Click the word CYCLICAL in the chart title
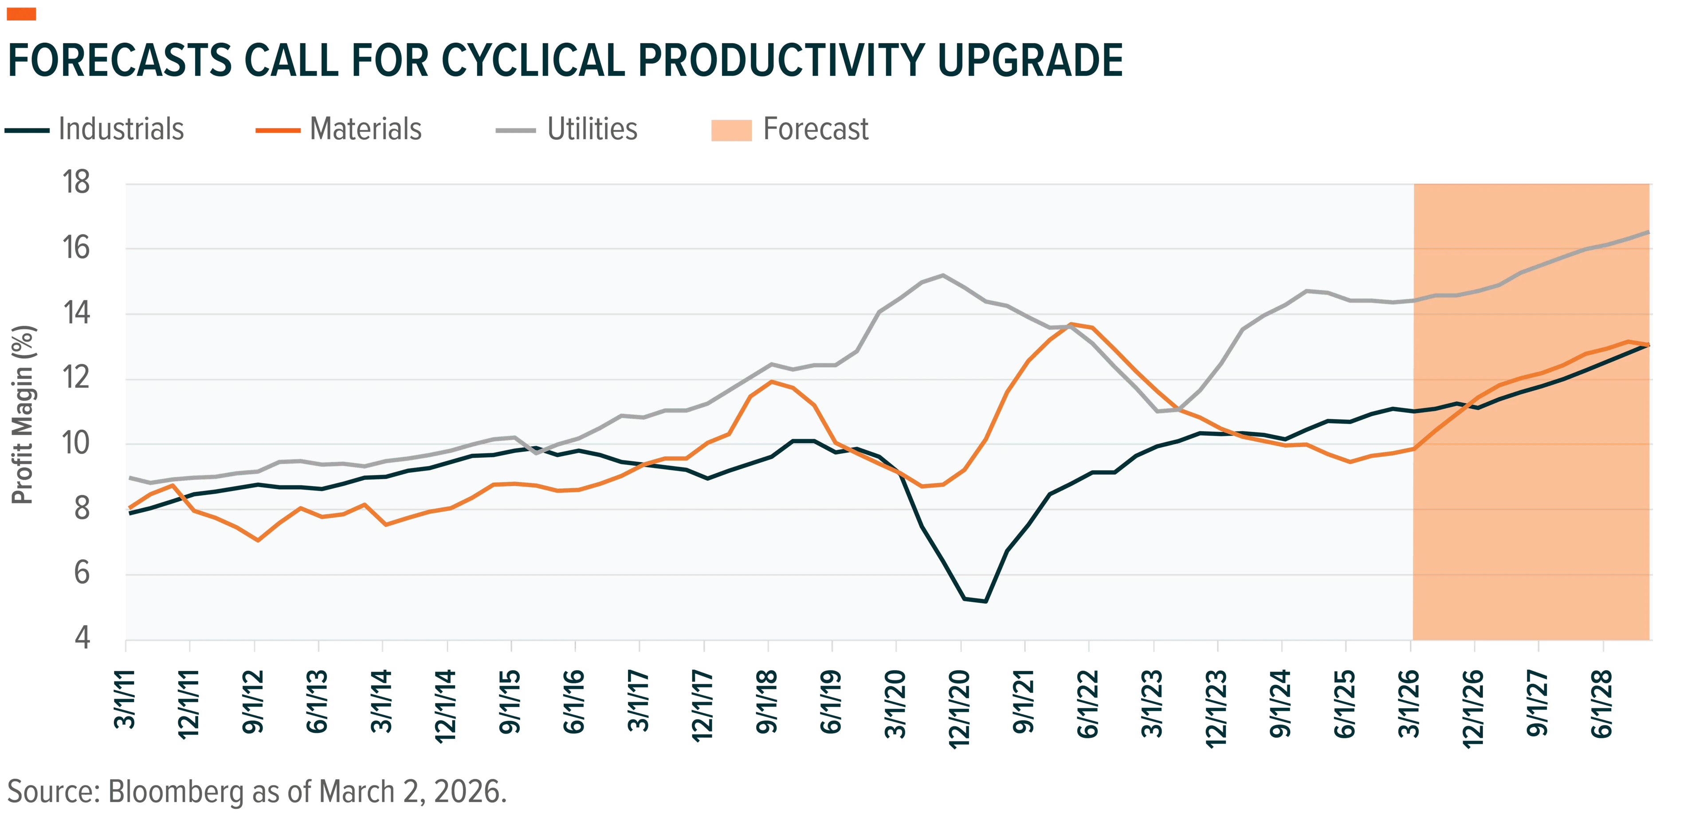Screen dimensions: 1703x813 pyautogui.click(x=533, y=60)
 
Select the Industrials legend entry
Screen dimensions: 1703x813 pyautogui.click(x=94, y=129)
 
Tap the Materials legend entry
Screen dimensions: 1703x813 pyautogui.click(x=338, y=129)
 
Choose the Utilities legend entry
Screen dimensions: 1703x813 pyautogui.click(x=567, y=129)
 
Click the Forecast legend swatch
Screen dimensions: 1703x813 pyautogui.click(x=731, y=130)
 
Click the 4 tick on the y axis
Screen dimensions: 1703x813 pyautogui.click(x=82, y=638)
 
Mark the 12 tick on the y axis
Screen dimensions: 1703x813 pyautogui.click(x=76, y=377)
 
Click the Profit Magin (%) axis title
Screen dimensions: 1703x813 pyautogui.click(x=23, y=414)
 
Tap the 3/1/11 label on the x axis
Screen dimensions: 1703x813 pyautogui.click(x=125, y=699)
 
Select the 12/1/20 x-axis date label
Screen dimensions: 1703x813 pyautogui.click(x=959, y=708)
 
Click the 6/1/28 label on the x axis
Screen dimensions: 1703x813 pyautogui.click(x=1602, y=703)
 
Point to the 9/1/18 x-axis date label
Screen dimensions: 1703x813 pyautogui.click(x=767, y=702)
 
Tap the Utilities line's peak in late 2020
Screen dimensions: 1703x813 pyautogui.click(x=943, y=275)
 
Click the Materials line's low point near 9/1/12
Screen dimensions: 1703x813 pyautogui.click(x=258, y=540)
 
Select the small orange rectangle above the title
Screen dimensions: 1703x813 pyautogui.click(x=21, y=14)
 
